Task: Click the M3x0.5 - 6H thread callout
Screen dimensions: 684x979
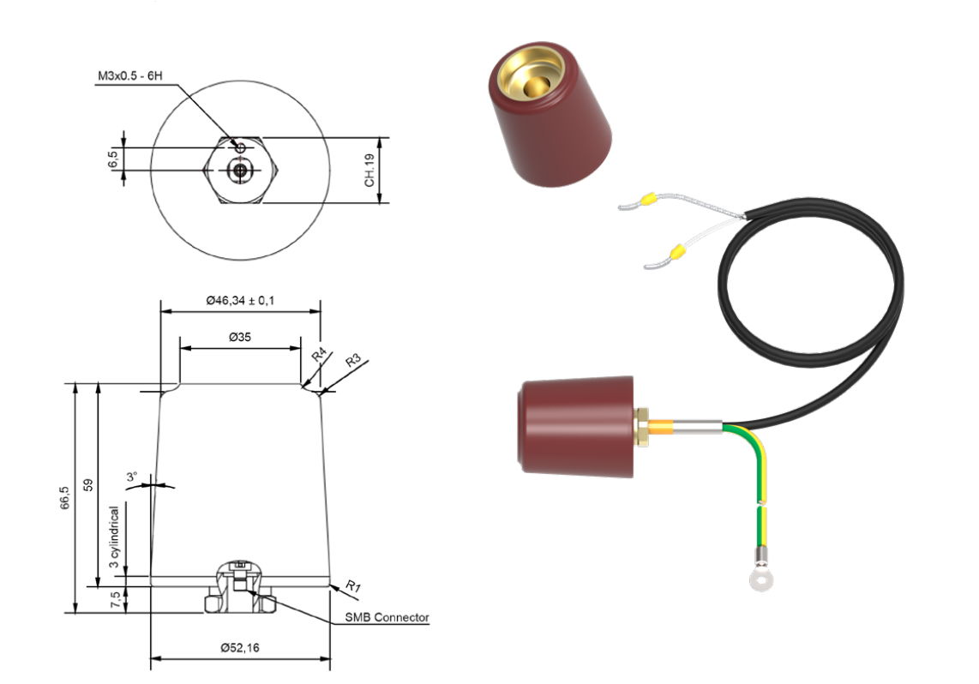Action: pos(129,78)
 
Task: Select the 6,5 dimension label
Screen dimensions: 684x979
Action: pos(112,159)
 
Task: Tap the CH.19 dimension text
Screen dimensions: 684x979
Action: pos(369,171)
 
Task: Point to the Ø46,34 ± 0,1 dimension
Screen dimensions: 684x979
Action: pos(241,301)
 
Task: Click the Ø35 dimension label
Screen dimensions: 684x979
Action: pos(240,338)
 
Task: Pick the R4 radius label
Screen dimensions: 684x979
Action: pos(317,356)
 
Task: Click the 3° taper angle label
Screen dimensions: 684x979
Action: pos(132,477)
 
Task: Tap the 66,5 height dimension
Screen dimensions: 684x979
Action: pos(65,498)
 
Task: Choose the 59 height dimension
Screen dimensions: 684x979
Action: pos(87,484)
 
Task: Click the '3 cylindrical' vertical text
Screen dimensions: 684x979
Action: pos(114,537)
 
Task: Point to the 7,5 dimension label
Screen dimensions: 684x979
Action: pos(114,600)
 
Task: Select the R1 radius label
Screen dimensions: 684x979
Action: pos(352,586)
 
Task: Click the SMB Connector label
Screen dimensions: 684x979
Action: pos(387,617)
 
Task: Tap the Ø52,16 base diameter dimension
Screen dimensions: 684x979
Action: pos(240,648)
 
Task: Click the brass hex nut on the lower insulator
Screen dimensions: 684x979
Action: pos(640,426)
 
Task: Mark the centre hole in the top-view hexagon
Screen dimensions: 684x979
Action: pos(239,171)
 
